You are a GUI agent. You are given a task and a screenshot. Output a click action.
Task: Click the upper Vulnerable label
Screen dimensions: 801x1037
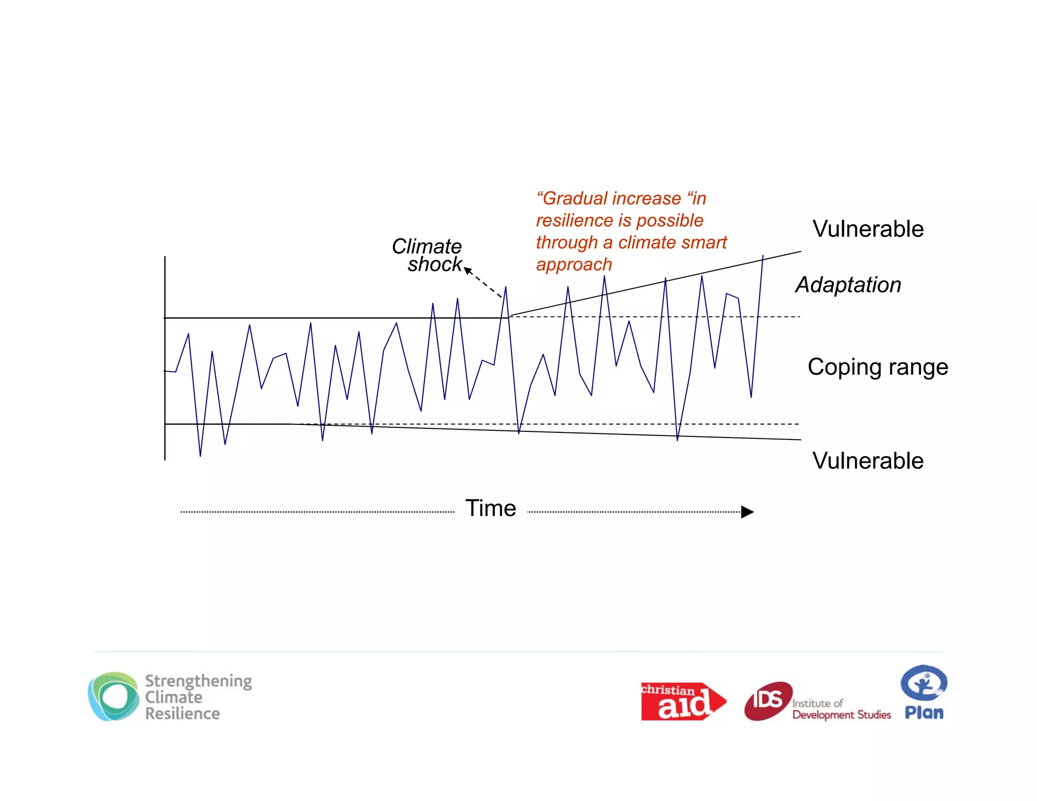868,229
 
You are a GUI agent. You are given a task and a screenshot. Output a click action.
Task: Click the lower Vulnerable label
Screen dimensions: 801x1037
868,461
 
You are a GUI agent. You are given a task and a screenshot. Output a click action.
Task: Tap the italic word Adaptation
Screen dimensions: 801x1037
848,285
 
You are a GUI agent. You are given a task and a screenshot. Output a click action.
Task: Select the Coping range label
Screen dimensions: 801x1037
878,367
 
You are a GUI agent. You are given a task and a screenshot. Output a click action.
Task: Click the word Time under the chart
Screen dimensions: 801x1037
491,508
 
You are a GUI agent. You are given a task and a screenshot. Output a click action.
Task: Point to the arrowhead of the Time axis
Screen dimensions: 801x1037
748,512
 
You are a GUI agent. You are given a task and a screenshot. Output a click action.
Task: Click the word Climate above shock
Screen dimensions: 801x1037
426,247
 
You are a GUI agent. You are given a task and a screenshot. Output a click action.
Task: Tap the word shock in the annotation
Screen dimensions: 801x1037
434,264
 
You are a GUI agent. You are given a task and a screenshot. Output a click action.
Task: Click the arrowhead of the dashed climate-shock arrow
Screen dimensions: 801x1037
467,270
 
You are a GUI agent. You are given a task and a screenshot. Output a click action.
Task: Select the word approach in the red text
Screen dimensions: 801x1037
574,264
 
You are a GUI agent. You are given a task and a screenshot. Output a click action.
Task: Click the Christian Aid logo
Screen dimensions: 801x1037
683,701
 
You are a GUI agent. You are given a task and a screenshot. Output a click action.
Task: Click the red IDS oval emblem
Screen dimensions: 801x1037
768,701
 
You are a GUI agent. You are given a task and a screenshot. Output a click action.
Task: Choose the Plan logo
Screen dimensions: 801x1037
924,693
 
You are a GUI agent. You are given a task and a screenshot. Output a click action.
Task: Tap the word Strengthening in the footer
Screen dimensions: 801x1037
198,681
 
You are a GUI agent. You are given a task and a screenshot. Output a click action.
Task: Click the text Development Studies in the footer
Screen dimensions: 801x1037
842,715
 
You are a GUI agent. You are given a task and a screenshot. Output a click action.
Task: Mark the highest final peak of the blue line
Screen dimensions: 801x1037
763,256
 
